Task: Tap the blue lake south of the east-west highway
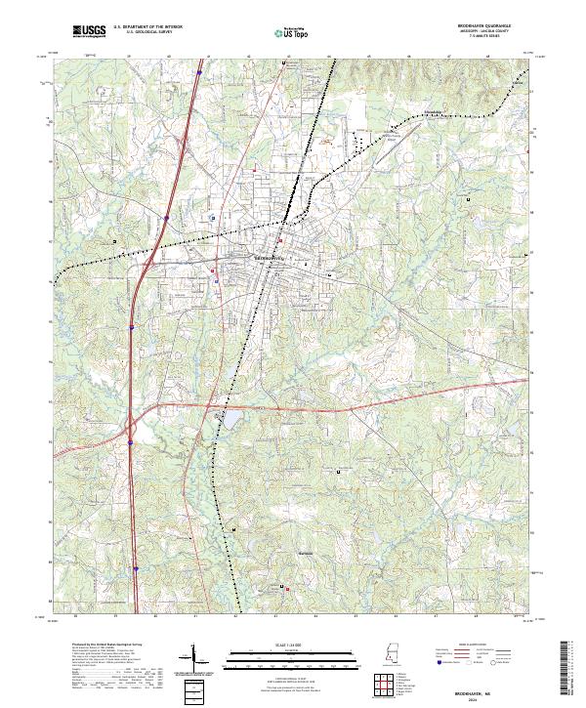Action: click(235, 421)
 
